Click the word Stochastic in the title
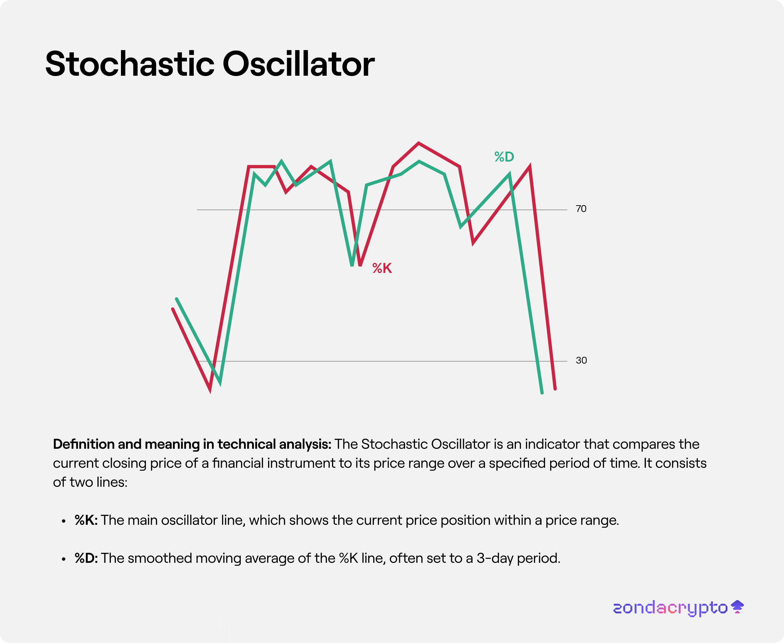pyautogui.click(x=130, y=64)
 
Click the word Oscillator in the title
pyautogui.click(x=299, y=64)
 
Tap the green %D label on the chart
pyautogui.click(x=504, y=157)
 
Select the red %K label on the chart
pyautogui.click(x=382, y=268)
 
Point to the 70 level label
pyautogui.click(x=581, y=209)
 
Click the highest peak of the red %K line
pyautogui.click(x=418, y=143)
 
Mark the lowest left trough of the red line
pyautogui.click(x=210, y=390)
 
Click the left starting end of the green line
pyautogui.click(x=177, y=299)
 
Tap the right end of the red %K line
pyautogui.click(x=555, y=388)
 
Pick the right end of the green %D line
pyautogui.click(x=542, y=393)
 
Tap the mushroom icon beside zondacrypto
pyautogui.click(x=737, y=607)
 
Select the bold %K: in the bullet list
pyautogui.click(x=86, y=520)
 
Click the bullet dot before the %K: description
pyautogui.click(x=64, y=522)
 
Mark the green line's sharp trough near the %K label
pyautogui.click(x=352, y=265)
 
